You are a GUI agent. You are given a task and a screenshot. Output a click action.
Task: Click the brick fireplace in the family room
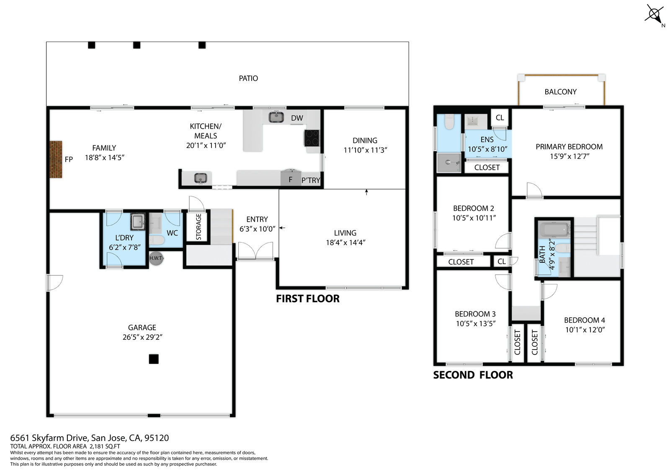coord(56,160)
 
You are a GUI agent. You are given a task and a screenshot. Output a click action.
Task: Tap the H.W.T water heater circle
coord(156,258)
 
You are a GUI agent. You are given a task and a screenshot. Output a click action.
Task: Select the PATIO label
coord(248,78)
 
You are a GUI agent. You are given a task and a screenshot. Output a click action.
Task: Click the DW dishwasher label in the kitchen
coord(297,118)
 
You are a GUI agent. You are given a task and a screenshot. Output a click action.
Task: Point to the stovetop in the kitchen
coord(312,138)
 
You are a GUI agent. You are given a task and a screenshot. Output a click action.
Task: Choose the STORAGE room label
coord(198,227)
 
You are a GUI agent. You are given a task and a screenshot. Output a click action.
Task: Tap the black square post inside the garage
coord(154,359)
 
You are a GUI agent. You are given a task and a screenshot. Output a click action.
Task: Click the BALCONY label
coord(561,92)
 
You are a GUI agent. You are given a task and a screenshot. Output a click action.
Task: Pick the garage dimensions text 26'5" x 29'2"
coord(142,337)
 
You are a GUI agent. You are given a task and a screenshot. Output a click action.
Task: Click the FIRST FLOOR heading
coord(308,298)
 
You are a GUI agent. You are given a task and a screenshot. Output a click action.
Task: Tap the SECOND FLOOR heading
coord(473,375)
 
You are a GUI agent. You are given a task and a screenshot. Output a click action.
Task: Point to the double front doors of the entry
coord(256,251)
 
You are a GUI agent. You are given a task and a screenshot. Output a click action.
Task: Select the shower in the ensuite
coord(448,163)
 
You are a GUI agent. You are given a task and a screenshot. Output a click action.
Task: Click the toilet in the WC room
coord(157,240)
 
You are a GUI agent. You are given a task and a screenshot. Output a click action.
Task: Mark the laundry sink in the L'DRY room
coord(138,222)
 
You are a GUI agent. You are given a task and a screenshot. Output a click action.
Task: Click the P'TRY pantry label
coord(311,180)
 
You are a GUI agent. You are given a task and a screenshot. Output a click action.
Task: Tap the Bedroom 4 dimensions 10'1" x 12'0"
coord(585,330)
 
